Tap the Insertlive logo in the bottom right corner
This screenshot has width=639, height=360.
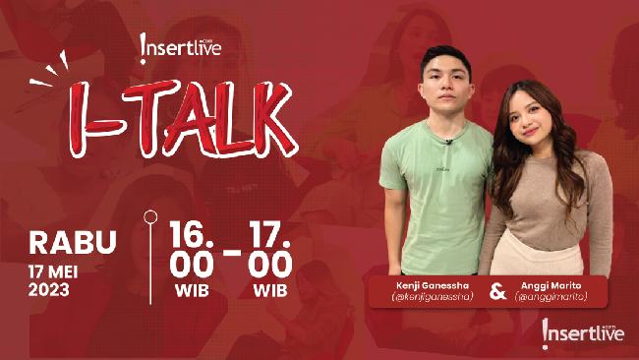coord(582,332)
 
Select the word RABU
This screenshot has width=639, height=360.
coord(73,242)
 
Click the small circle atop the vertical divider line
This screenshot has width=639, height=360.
coord(149,215)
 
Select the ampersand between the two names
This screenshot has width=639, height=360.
coord(497,291)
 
